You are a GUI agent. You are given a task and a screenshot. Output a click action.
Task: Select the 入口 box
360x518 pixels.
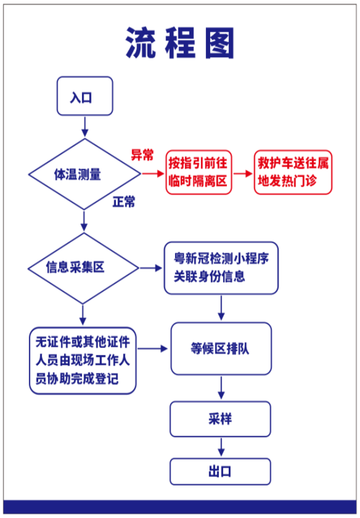(85, 97)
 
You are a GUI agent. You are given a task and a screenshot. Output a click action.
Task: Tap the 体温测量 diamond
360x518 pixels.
(84, 174)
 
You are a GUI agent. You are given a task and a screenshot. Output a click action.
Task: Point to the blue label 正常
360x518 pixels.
(123, 202)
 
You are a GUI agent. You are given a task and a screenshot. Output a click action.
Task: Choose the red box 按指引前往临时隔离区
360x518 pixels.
(197, 172)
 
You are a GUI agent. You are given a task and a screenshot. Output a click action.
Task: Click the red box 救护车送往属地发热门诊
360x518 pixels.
(293, 172)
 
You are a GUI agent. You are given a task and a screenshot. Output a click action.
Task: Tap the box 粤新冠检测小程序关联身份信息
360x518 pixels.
(221, 268)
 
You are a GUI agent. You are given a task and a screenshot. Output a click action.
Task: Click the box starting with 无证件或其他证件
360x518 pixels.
(83, 360)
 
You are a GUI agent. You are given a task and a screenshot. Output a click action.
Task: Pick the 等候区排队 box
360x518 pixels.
(221, 349)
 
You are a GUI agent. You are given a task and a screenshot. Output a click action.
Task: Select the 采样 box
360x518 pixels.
(221, 419)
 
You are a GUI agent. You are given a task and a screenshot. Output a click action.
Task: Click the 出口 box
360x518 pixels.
(221, 472)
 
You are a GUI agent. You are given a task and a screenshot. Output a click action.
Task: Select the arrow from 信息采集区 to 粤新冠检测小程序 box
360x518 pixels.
(150, 268)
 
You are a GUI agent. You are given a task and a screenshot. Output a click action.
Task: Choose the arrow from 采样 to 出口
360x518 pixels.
(221, 447)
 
